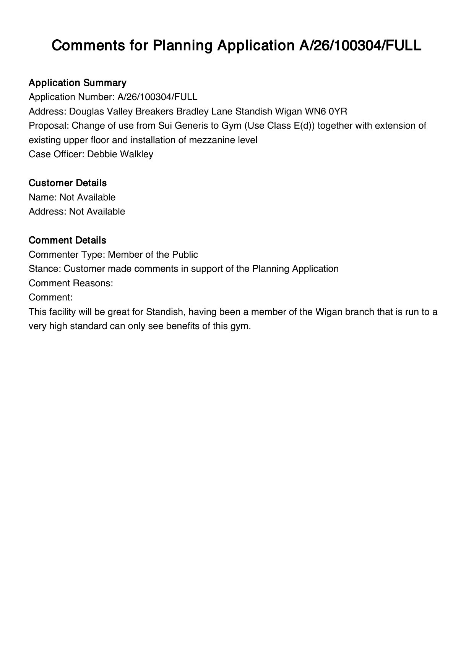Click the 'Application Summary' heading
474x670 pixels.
77,83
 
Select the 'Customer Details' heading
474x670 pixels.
68,183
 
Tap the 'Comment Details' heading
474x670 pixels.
67,241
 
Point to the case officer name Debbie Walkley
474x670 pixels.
120,154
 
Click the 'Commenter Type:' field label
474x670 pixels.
66,255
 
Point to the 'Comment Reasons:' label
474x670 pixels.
71,283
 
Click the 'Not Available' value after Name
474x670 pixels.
88,197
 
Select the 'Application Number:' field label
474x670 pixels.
71,97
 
